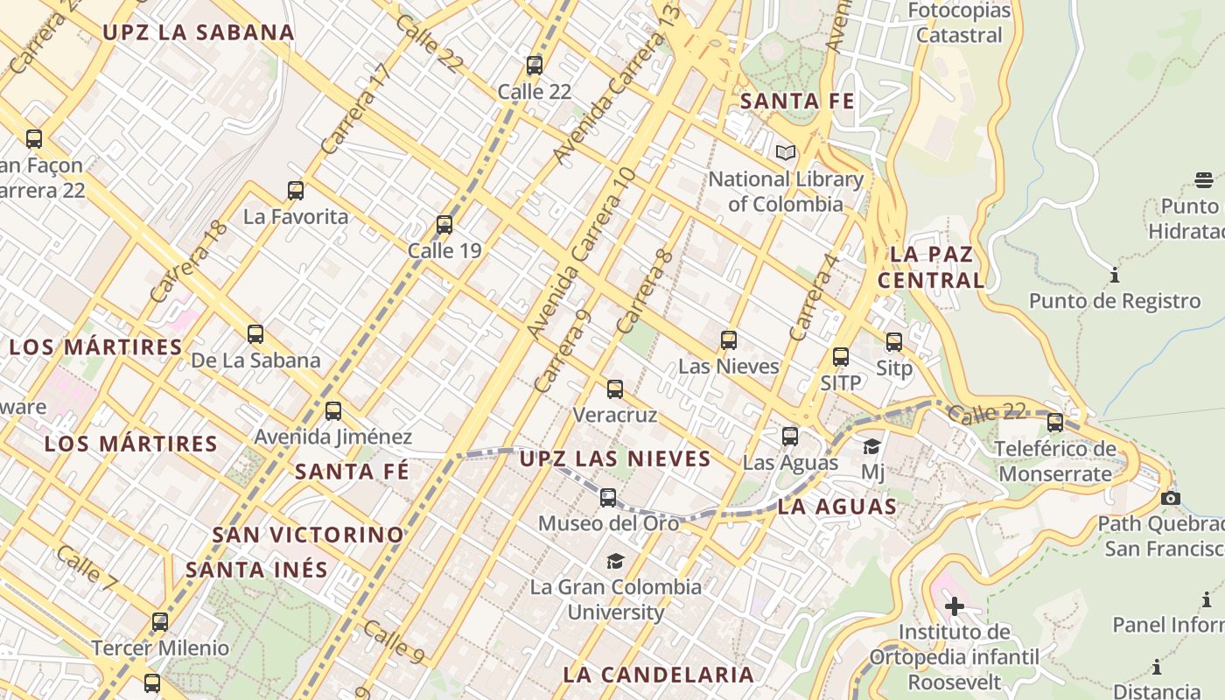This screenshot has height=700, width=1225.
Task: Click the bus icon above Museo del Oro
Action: [x=608, y=498]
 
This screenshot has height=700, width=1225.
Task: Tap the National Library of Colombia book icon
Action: [x=786, y=153]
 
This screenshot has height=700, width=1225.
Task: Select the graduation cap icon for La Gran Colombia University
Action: [x=616, y=561]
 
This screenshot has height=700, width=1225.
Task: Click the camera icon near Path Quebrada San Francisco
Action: [x=1170, y=498]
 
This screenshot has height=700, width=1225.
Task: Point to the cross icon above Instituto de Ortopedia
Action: [x=955, y=605]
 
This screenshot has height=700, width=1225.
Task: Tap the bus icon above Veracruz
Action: [x=615, y=389]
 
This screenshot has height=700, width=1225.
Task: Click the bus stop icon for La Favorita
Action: [x=296, y=190]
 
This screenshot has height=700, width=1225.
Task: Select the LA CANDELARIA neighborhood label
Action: [x=658, y=675]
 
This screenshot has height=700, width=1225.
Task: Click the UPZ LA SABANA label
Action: [x=199, y=32]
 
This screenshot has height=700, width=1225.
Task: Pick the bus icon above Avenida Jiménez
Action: [x=332, y=410]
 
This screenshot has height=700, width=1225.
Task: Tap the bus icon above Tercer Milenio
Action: [x=160, y=622]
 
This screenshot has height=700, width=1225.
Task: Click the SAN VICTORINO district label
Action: [x=308, y=534]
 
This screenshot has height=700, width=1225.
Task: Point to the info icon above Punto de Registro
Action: [x=1115, y=276]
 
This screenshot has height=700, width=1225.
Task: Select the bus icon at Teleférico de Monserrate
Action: [x=1055, y=423]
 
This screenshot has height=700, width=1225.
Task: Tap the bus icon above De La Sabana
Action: [x=255, y=333]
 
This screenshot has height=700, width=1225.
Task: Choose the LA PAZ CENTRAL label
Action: [x=931, y=268]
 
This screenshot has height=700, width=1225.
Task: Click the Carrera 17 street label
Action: [x=353, y=109]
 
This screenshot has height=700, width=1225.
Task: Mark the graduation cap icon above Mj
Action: [x=872, y=447]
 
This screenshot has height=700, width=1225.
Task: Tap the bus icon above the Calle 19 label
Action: [x=444, y=225]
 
